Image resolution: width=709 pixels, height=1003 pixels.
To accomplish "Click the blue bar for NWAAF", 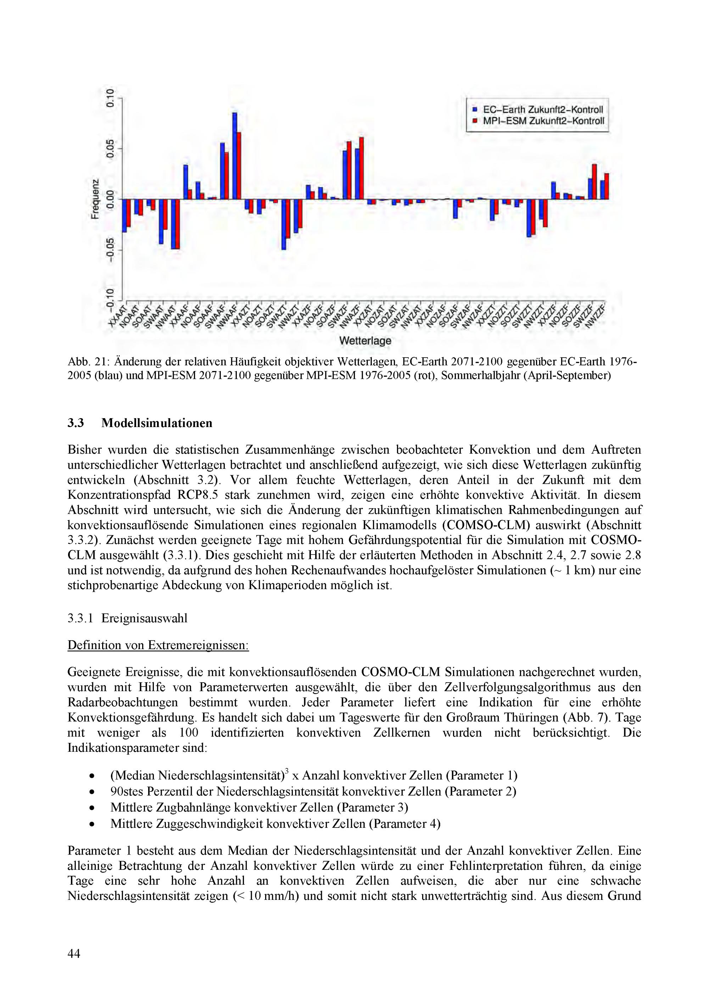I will pyautogui.click(x=235, y=156).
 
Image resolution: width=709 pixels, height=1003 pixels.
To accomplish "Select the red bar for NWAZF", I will pyautogui.click(x=361, y=168).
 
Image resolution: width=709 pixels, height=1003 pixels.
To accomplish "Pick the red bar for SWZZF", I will pyautogui.click(x=594, y=182).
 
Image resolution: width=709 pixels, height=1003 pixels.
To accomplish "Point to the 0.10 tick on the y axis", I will pyautogui.click(x=111, y=98).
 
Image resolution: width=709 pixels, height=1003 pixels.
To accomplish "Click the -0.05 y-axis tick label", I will pyautogui.click(x=111, y=250).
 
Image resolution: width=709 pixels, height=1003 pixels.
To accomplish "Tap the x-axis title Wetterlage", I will pyautogui.click(x=365, y=340).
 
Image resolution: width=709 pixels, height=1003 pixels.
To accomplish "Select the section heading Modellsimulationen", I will pyautogui.click(x=157, y=423).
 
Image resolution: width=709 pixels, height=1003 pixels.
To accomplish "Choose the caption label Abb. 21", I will pyautogui.click(x=84, y=362).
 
